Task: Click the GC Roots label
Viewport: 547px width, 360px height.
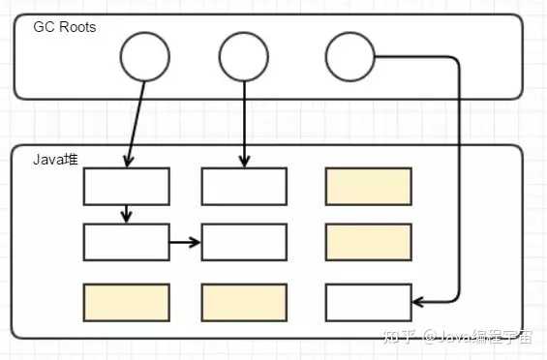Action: click(x=65, y=27)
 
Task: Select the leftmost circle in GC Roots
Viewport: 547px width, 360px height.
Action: click(x=145, y=57)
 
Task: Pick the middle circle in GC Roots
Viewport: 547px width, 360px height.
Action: click(x=243, y=57)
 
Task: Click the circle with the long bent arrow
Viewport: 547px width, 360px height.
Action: click(x=349, y=57)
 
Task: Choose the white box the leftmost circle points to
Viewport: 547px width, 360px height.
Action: click(x=127, y=186)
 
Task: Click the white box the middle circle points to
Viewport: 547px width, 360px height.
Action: click(x=244, y=186)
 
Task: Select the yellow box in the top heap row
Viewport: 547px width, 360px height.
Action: click(x=369, y=186)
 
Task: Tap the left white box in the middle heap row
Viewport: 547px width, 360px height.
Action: click(x=127, y=242)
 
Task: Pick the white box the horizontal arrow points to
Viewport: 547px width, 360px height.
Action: click(x=244, y=242)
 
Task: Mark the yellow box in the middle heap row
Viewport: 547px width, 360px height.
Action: click(x=369, y=242)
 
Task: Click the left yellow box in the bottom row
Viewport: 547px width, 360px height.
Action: click(x=127, y=302)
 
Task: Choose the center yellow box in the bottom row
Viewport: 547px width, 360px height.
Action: click(x=244, y=302)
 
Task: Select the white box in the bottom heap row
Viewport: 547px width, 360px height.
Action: click(x=369, y=302)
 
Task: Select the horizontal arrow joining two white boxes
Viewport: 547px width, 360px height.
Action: click(x=185, y=242)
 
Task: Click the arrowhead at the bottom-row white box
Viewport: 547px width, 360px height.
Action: click(x=417, y=301)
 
